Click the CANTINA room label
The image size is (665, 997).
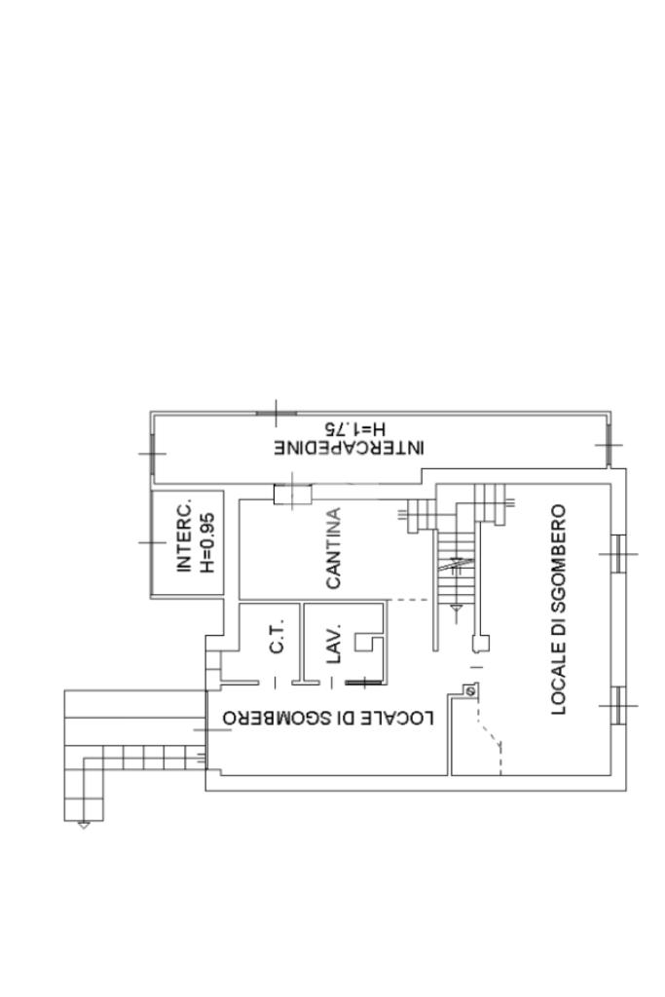coord(333,549)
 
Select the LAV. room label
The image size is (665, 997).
coord(333,643)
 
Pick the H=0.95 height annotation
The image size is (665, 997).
coord(206,542)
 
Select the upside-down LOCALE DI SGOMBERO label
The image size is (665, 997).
coord(327,717)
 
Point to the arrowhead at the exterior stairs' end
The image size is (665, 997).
coord(83,825)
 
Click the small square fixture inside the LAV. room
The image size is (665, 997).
coord(369,645)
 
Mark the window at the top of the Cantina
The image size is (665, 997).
coord(290,495)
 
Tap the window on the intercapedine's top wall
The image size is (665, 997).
coord(277,414)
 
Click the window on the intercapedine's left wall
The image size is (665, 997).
coord(152,454)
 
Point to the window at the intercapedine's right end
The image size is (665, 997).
coord(610,444)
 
